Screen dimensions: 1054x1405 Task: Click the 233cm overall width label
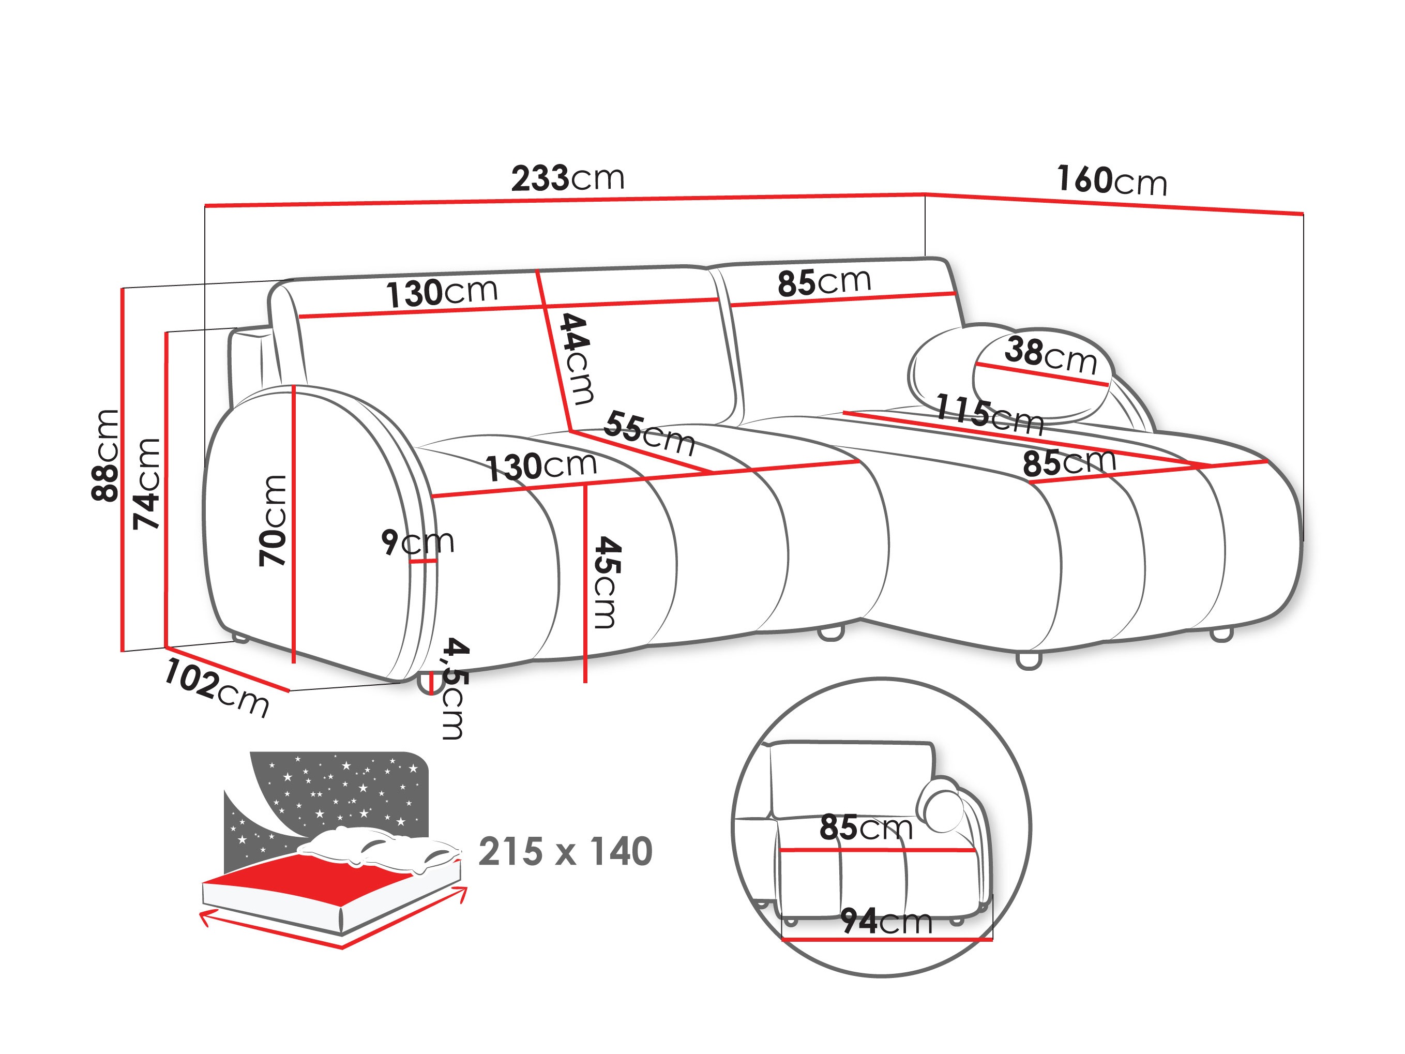(x=568, y=178)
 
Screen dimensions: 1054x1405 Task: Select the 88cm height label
(x=105, y=455)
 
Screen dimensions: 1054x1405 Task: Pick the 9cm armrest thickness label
(x=417, y=542)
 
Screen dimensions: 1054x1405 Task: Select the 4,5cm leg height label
(x=455, y=689)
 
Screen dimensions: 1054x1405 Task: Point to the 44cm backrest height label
(x=576, y=359)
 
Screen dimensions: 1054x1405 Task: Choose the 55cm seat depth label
(x=649, y=433)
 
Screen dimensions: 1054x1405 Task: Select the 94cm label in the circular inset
(x=886, y=921)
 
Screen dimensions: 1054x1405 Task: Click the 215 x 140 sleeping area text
(x=565, y=852)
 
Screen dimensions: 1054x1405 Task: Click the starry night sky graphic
(x=343, y=794)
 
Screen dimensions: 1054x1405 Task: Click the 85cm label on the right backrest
(x=824, y=282)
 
